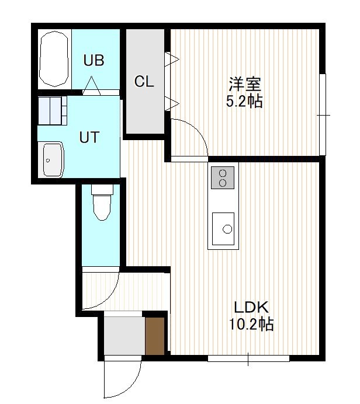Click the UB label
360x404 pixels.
94,60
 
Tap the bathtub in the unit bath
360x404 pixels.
54,59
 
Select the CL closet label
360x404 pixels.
144,81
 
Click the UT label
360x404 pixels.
89,137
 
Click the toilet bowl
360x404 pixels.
102,203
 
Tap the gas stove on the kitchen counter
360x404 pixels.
223,177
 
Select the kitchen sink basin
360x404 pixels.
223,229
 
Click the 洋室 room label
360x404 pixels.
245,84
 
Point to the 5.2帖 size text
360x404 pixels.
244,101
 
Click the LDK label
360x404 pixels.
251,307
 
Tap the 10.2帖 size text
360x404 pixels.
251,324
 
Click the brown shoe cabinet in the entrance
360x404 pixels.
155,336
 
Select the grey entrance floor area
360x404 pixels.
124,336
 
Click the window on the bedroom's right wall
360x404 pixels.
323,114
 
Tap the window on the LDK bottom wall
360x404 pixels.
248,358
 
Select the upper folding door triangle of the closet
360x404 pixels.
172,60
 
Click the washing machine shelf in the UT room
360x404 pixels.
53,110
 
